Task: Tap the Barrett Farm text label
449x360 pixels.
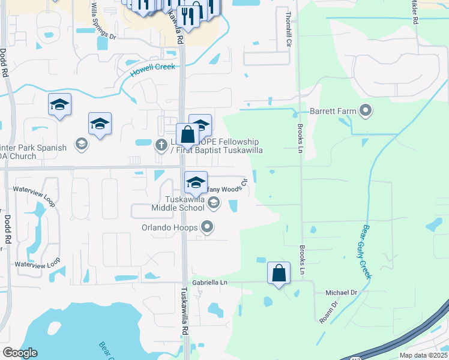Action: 334,111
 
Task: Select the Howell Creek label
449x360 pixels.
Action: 152,70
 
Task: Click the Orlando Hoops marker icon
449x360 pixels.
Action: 208,227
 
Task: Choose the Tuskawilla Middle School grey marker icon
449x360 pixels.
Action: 213,205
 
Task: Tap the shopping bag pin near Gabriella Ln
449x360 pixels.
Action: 279,273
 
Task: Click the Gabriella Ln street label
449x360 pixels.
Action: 211,282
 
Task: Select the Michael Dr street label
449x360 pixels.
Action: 341,292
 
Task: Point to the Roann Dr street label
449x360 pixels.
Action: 329,312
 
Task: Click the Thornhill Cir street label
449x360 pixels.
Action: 289,24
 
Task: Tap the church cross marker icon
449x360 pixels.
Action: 161,145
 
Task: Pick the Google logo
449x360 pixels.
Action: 20,353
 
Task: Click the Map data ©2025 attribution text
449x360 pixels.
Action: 423,355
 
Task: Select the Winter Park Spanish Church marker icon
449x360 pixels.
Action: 81,143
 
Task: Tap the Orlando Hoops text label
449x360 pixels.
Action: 170,228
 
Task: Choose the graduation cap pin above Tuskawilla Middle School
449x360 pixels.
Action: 196,182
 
